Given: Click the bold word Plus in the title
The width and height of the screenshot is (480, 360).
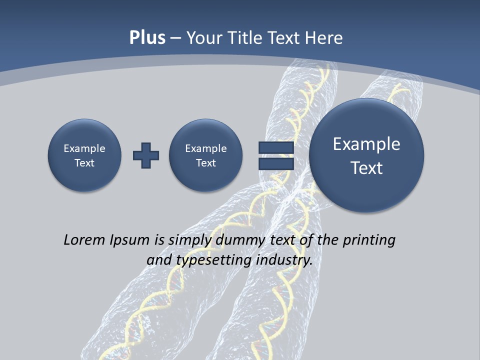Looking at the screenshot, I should click(147, 38).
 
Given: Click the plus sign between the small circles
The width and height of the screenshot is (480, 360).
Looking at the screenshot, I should click(146, 155).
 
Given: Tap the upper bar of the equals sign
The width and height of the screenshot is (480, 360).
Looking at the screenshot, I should click(276, 147).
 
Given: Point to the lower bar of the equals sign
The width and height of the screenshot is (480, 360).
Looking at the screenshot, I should click(276, 164).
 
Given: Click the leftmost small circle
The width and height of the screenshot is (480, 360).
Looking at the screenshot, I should click(84, 155).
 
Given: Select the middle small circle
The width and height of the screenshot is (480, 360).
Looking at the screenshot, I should click(206, 155).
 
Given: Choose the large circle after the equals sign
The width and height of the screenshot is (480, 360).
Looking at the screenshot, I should click(366, 155).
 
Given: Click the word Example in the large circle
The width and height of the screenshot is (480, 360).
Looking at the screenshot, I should click(366, 144).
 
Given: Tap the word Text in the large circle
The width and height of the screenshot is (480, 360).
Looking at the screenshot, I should click(366, 168).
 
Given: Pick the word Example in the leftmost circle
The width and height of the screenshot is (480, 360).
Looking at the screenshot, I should click(84, 148).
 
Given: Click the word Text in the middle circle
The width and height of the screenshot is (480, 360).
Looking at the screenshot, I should click(206, 163).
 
